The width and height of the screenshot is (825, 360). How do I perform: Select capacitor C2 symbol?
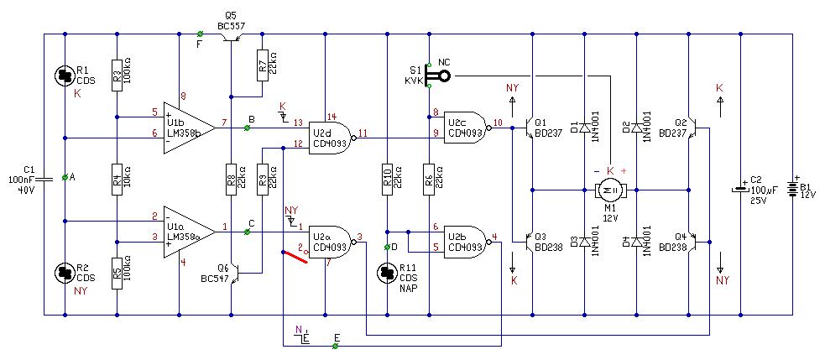point(740,190)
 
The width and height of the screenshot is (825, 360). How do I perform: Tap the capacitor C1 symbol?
point(44,178)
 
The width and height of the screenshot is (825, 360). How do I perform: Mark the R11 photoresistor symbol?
point(387,273)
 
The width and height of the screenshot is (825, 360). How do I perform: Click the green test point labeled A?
point(65,178)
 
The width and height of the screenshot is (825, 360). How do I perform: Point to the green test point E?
point(335,345)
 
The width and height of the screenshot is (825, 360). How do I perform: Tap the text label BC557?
point(231,25)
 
